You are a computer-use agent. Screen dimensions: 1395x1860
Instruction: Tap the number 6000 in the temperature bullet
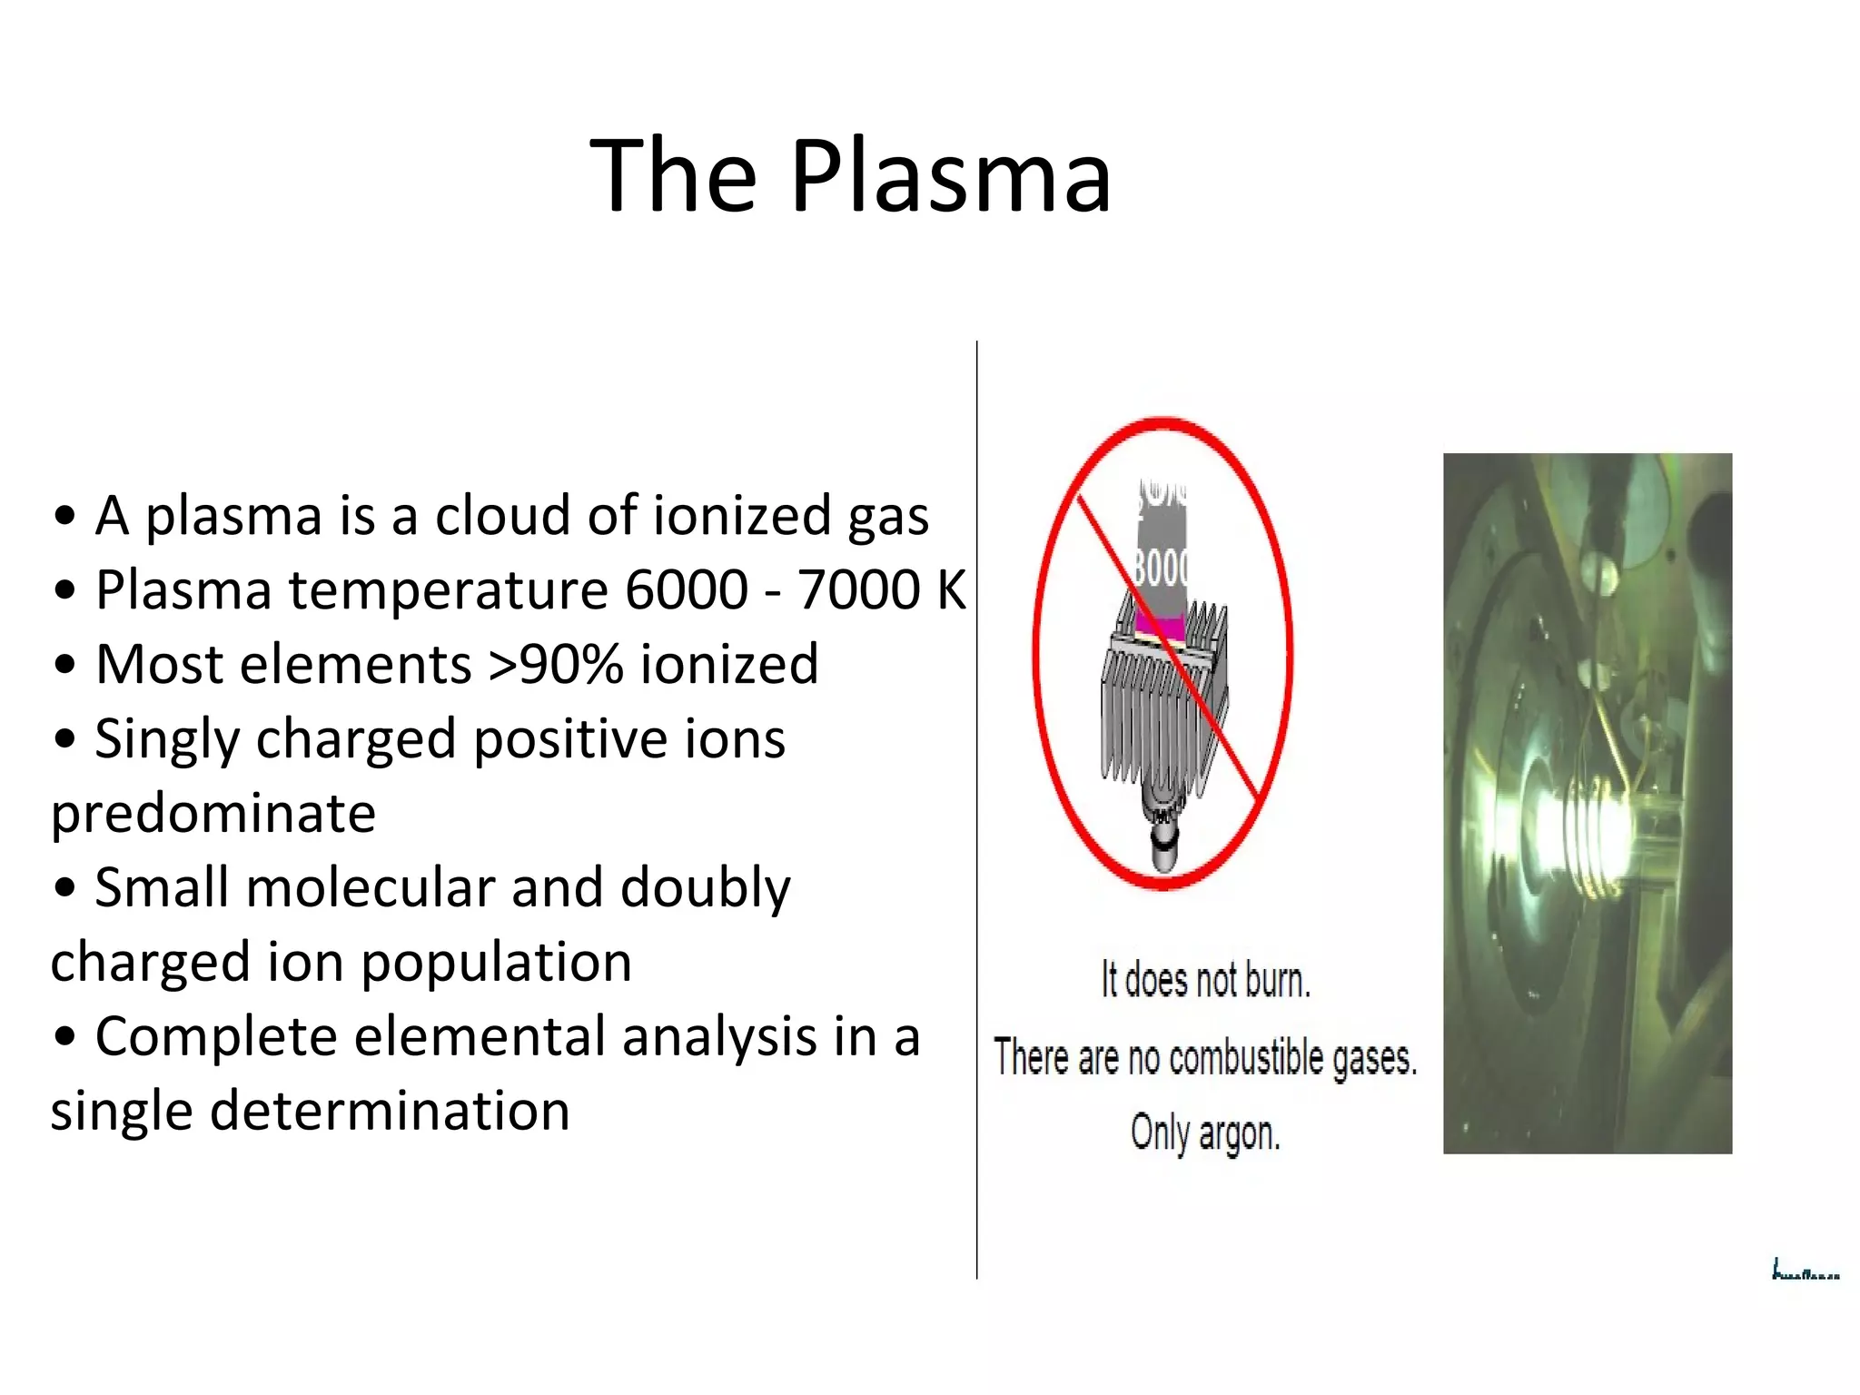(x=686, y=589)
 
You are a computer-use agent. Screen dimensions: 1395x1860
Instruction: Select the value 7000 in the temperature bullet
(x=858, y=589)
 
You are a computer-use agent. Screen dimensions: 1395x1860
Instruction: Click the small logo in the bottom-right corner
(x=1805, y=1271)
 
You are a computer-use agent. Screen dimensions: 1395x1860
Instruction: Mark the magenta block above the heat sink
(x=1157, y=626)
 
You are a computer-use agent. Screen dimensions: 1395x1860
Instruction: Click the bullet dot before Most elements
(x=64, y=665)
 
